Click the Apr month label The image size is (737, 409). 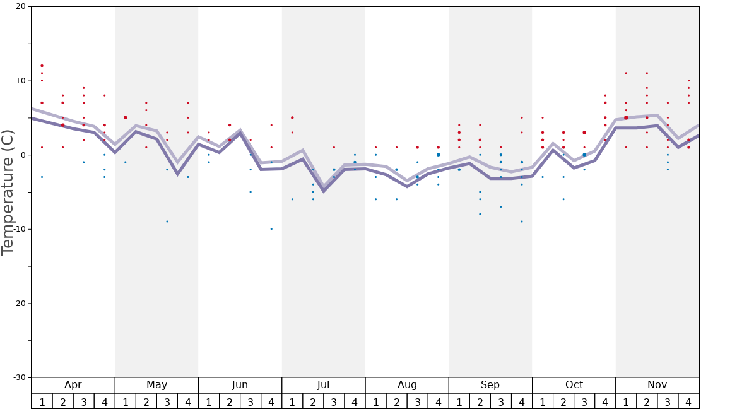(x=73, y=385)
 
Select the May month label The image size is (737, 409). (x=156, y=385)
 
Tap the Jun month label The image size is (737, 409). (x=240, y=385)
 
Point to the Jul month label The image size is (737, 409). (x=323, y=385)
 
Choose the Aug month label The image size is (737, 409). (x=407, y=385)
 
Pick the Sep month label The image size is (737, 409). (x=490, y=385)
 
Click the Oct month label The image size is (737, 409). (x=574, y=385)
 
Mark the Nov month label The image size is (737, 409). (x=657, y=385)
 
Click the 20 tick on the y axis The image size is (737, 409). (x=21, y=7)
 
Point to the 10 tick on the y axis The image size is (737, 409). (x=21, y=81)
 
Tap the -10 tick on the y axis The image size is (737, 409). (x=20, y=229)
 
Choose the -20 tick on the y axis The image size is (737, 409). (x=20, y=304)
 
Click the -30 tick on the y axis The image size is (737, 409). (x=20, y=377)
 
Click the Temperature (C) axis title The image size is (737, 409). (x=8, y=193)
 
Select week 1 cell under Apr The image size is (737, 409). (x=42, y=401)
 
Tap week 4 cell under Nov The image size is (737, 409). (x=688, y=401)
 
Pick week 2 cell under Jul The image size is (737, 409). (x=313, y=401)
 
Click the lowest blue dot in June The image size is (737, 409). (x=271, y=229)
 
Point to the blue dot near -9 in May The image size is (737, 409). (x=167, y=222)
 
